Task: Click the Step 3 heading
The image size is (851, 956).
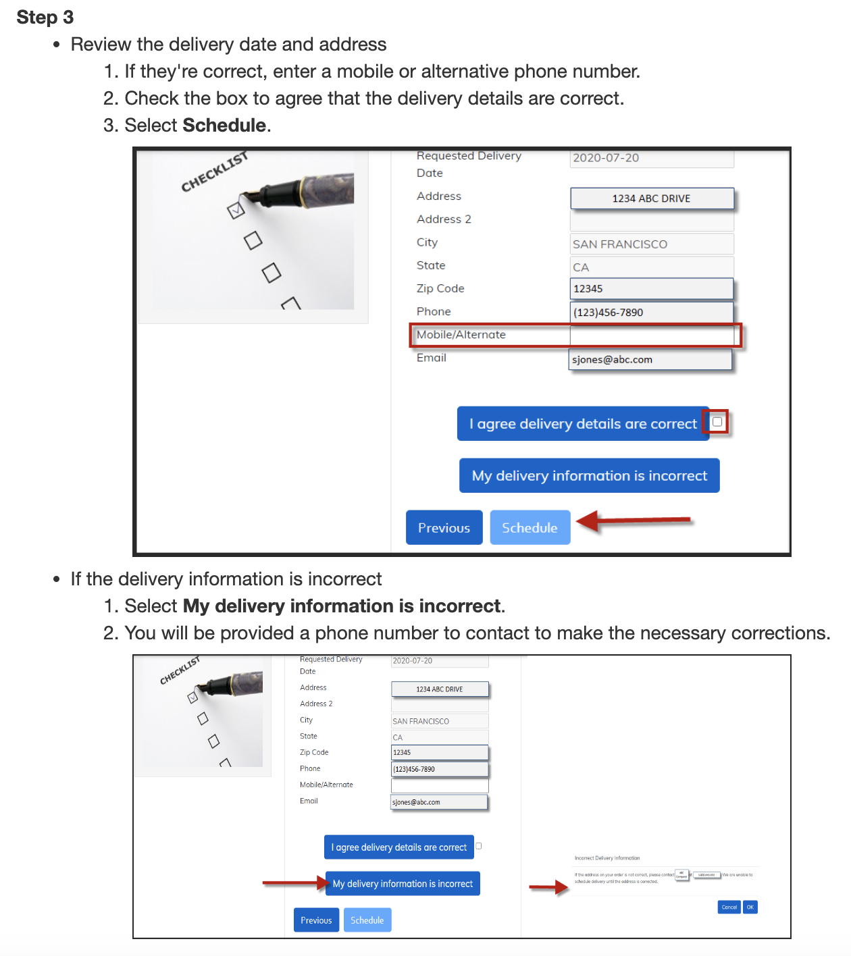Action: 45,17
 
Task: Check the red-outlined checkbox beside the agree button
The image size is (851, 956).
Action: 717,422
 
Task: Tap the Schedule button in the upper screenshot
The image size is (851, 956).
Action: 530,527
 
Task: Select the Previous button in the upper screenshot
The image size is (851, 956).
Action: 444,527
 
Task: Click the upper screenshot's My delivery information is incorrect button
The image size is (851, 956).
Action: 589,475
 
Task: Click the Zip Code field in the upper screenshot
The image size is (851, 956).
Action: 652,289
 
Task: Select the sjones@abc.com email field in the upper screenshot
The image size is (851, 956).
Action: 650,359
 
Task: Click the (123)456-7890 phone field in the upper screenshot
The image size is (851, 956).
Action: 652,312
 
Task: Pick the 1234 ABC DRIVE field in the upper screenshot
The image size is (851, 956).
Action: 652,198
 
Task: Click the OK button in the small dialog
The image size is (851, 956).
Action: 750,907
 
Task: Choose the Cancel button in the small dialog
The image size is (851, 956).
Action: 729,907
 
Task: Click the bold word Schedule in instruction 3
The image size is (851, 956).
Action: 224,126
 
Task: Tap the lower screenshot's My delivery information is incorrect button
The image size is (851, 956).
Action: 403,884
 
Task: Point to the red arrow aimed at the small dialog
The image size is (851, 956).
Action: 548,887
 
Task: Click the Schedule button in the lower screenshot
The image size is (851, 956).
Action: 367,920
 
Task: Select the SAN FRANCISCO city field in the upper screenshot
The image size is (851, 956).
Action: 652,244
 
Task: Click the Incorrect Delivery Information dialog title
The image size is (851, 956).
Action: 607,858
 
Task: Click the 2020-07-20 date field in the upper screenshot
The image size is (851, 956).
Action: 652,158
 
